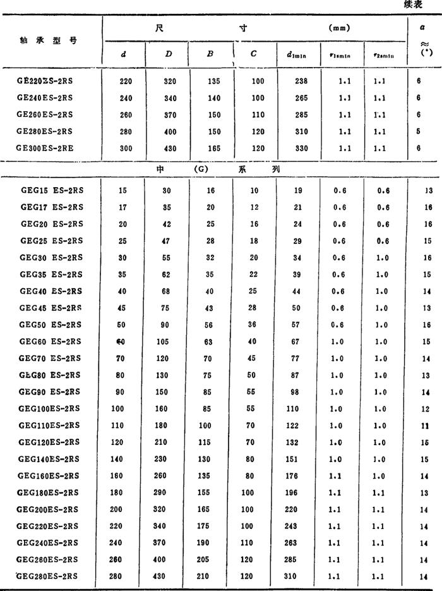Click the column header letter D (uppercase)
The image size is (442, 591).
pos(169,54)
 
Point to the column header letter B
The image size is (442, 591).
pos(210,54)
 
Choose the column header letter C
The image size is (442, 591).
pos(253,54)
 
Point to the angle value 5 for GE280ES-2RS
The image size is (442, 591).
pos(419,131)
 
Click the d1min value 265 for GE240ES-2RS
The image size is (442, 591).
pos(292,98)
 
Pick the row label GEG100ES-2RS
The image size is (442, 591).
pos(49,409)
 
